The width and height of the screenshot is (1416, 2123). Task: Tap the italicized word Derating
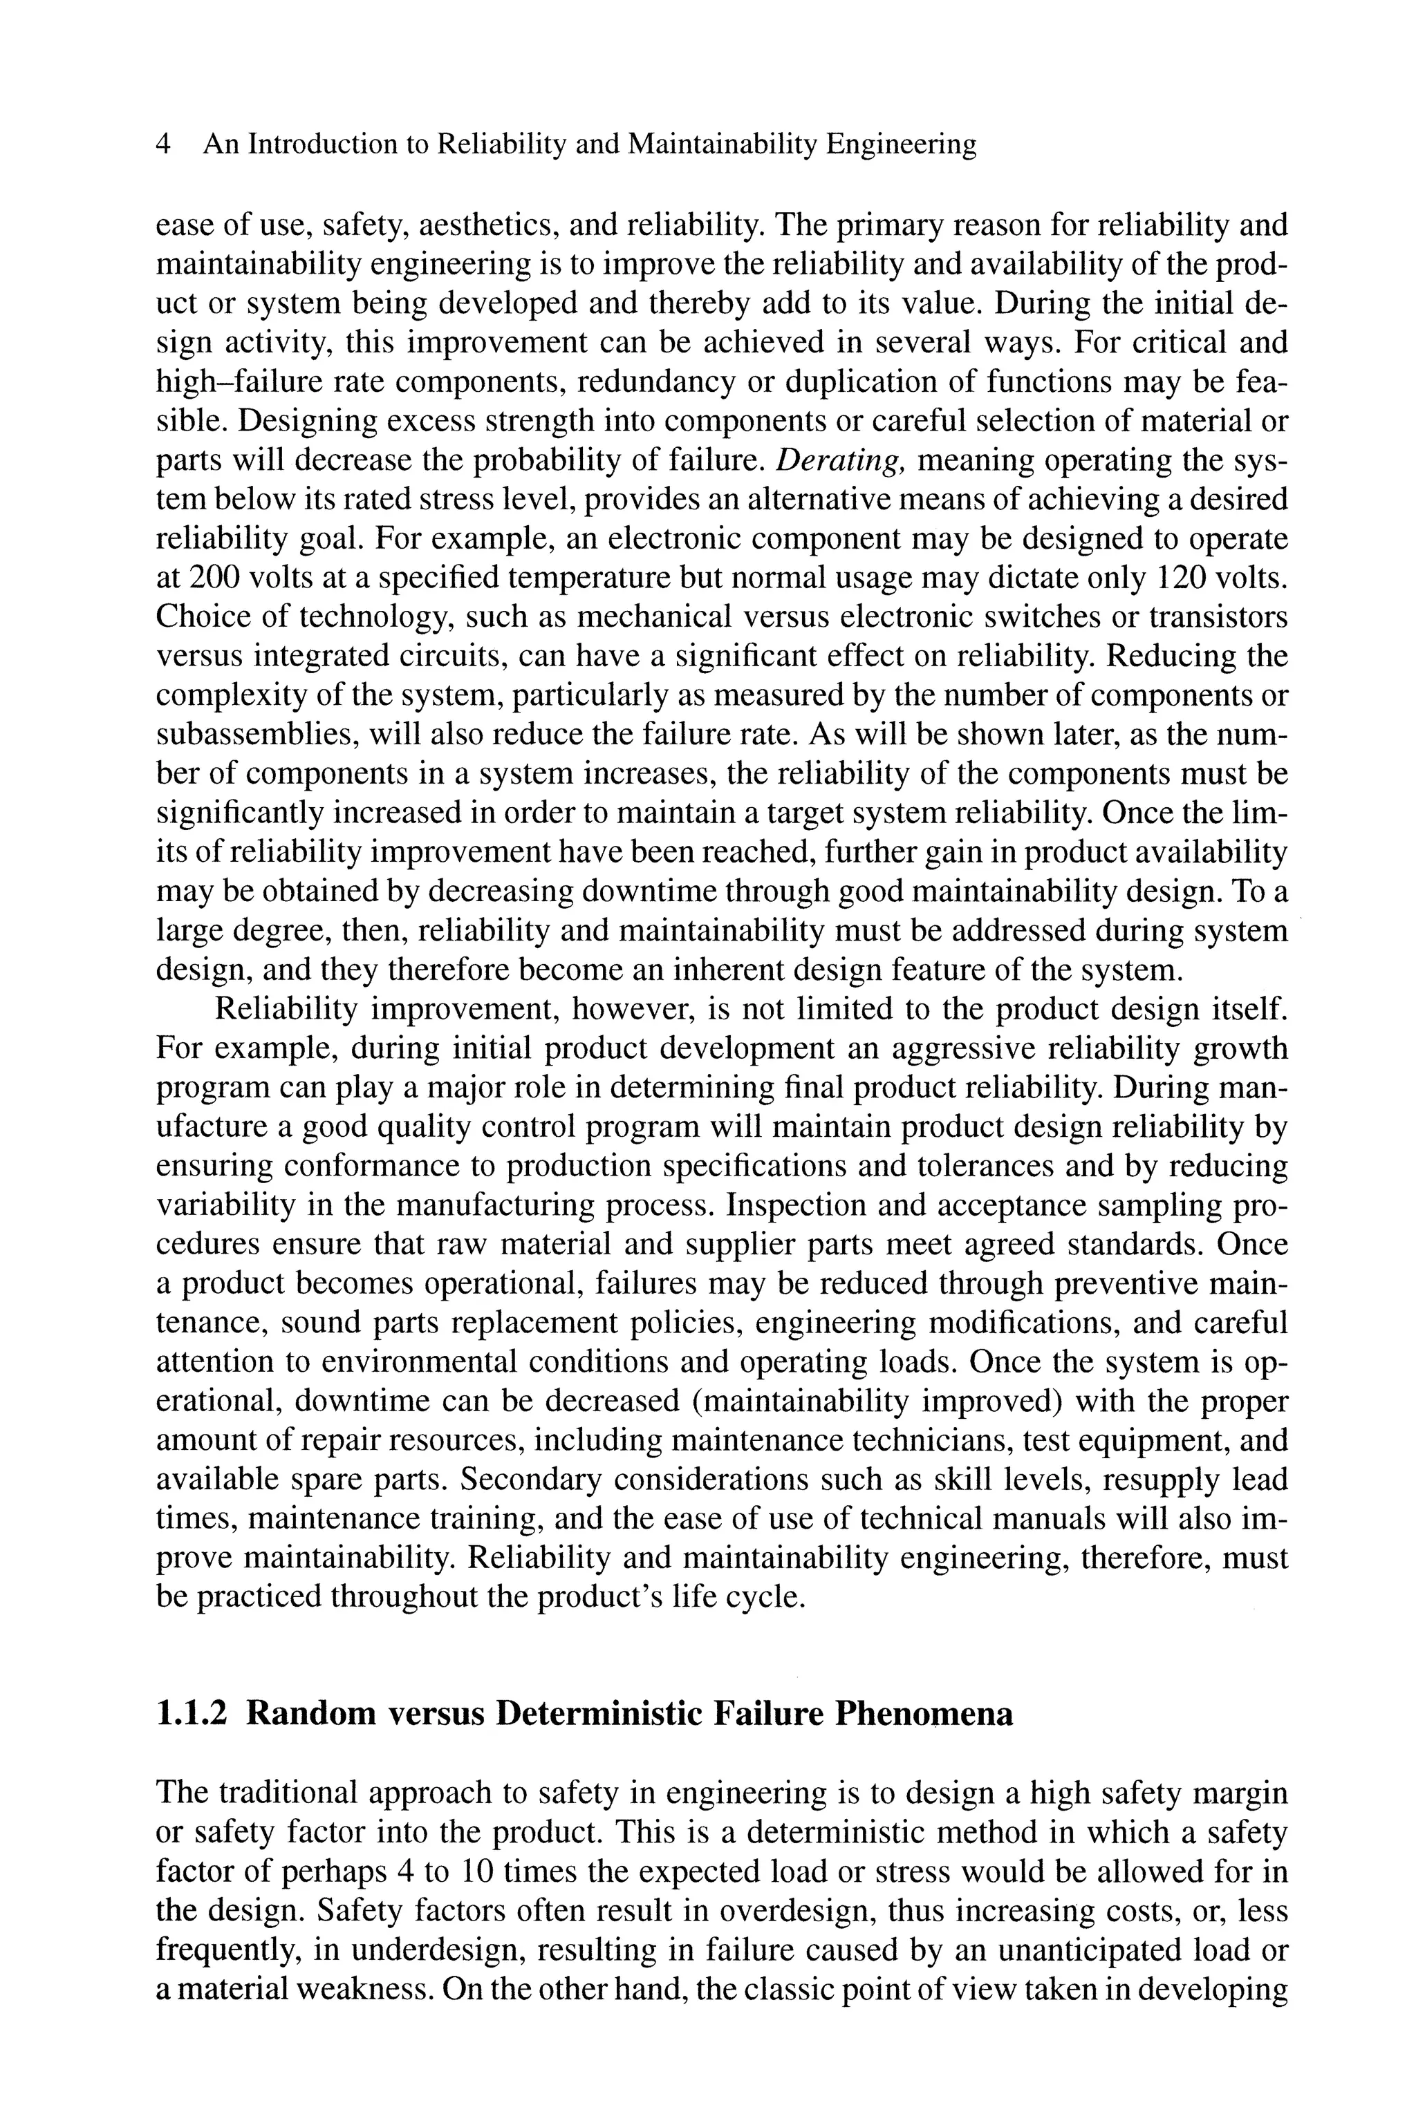point(840,460)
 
